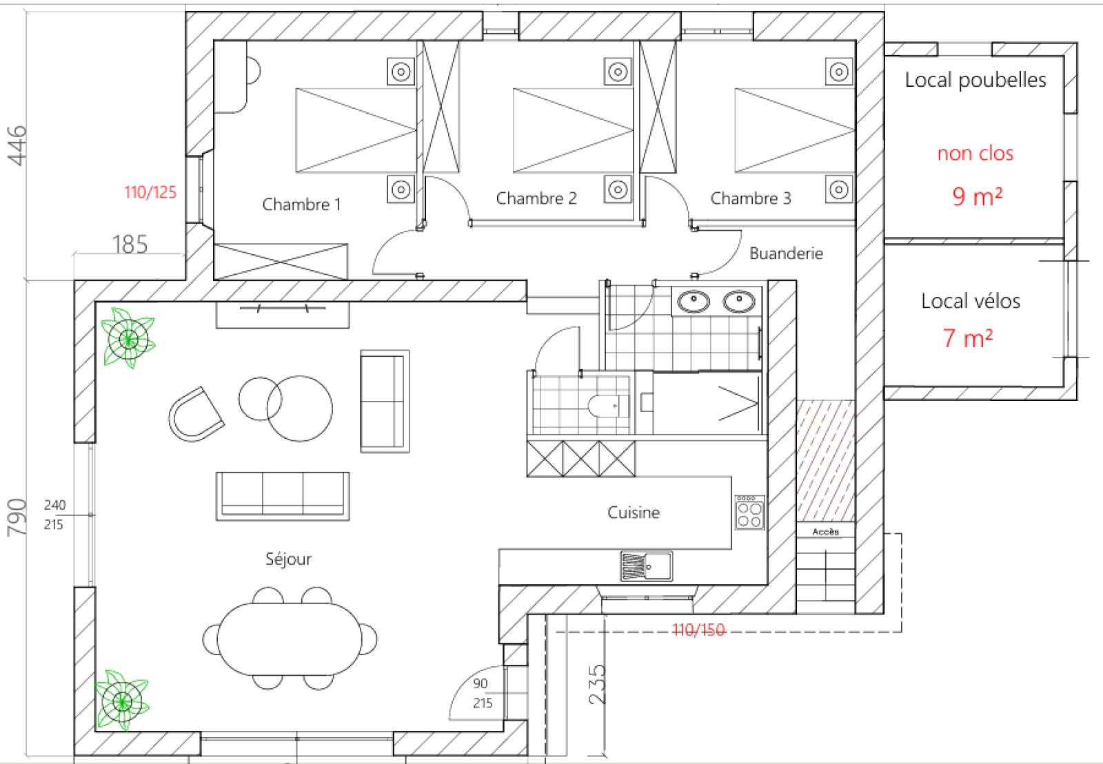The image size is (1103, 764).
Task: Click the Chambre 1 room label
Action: click(x=301, y=205)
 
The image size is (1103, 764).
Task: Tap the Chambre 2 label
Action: click(x=536, y=198)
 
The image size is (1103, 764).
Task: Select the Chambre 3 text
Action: click(x=750, y=198)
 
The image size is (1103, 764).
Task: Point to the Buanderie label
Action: click(x=786, y=254)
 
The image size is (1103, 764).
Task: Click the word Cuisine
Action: click(x=633, y=513)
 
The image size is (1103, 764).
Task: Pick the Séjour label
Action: click(x=288, y=559)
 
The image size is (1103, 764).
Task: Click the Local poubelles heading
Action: click(x=975, y=80)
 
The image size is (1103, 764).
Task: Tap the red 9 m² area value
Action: click(x=977, y=197)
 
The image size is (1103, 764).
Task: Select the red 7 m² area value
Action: click(x=967, y=338)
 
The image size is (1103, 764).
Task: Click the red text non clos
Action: click(x=975, y=153)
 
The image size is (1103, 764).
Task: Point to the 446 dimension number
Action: click(x=17, y=145)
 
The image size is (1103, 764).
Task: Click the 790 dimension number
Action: click(x=17, y=517)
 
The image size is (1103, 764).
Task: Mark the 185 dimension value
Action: click(x=130, y=245)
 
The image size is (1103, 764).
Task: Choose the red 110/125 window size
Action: click(x=150, y=192)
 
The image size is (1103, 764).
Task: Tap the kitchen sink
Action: click(x=646, y=566)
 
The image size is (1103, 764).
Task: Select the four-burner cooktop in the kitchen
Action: click(x=749, y=513)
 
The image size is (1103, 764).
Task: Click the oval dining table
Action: click(x=290, y=639)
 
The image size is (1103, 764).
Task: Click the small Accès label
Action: click(x=825, y=532)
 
